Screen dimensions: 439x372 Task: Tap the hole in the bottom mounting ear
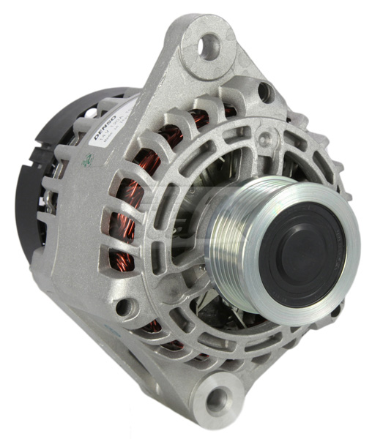217,399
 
